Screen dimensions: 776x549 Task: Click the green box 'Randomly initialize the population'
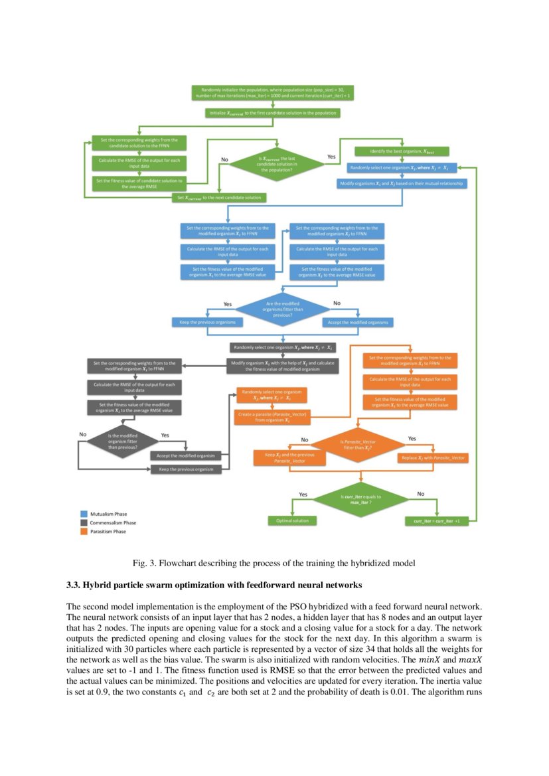273,93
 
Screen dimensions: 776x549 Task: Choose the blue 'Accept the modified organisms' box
358,322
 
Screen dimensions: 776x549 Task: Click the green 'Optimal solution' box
292,520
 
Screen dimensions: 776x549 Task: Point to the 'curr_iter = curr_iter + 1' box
436,521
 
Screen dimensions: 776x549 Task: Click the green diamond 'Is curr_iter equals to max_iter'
359,498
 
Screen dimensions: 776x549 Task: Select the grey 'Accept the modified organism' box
186,455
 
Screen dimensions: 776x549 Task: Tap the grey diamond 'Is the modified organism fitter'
122,441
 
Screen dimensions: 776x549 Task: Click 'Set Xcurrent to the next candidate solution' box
220,197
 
